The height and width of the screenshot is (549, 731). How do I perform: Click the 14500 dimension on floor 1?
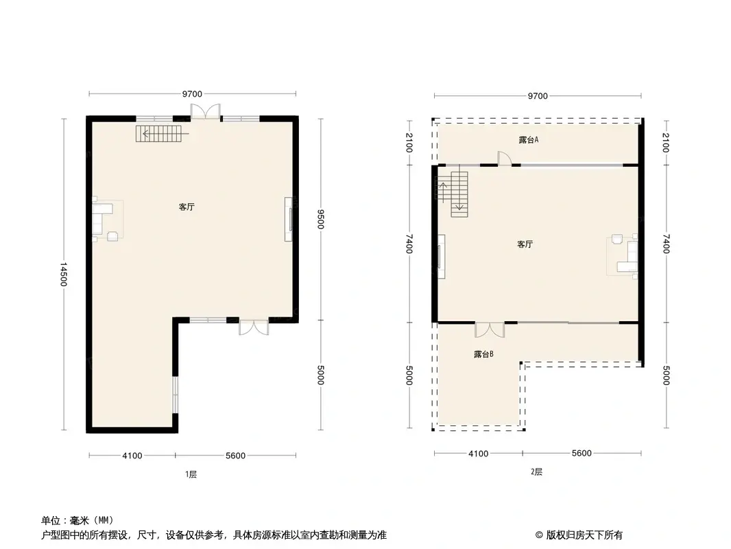tap(64, 274)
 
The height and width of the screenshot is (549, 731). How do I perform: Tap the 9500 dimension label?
tap(320, 218)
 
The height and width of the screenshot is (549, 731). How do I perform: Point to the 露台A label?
tap(528, 140)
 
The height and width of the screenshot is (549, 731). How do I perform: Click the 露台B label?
tap(483, 355)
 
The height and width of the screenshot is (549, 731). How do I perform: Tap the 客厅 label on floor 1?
tap(187, 206)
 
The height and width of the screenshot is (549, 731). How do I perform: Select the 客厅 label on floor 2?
tap(525, 244)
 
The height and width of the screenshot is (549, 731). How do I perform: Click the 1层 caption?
tap(191, 474)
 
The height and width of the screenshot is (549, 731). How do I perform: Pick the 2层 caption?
tap(536, 471)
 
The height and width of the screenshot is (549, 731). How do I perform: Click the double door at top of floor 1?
tap(206, 112)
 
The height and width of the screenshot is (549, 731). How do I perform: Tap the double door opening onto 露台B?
tap(490, 329)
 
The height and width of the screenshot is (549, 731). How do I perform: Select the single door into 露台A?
tap(504, 159)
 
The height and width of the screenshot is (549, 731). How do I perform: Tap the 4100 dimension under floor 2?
tap(478, 454)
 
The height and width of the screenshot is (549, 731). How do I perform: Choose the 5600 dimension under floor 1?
tap(235, 456)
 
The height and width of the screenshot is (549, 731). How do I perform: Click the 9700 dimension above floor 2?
tap(538, 96)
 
